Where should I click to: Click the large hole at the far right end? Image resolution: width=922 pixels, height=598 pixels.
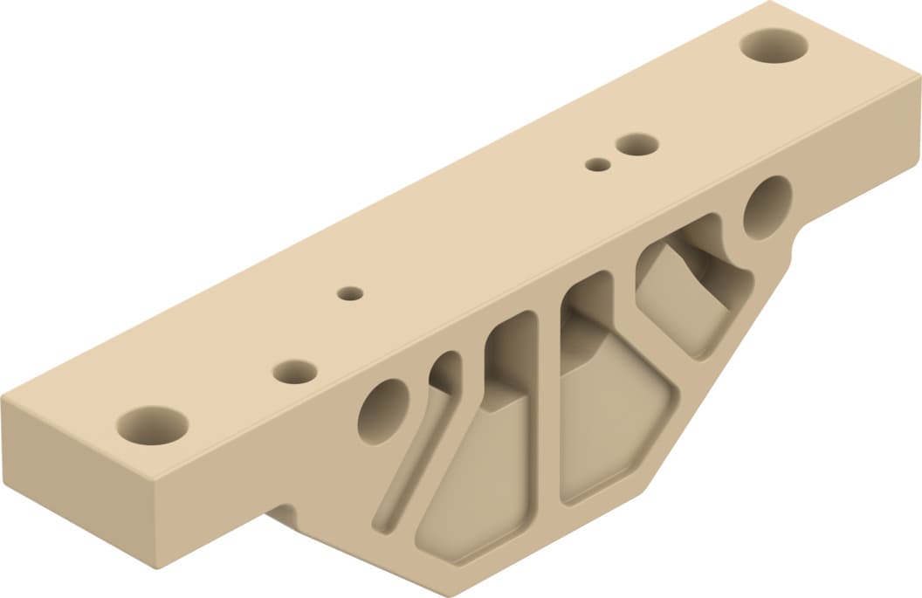coord(774,45)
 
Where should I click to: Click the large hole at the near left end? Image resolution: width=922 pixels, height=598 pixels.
coord(153,425)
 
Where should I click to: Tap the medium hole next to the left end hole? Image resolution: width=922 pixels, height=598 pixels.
coord(295,372)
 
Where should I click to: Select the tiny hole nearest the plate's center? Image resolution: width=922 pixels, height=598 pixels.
coord(351,293)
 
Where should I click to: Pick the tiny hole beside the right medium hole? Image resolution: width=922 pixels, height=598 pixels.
coord(597,164)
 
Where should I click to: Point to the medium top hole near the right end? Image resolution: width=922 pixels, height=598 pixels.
coord(636,144)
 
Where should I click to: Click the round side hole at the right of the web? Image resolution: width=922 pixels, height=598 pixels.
coord(767,208)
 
